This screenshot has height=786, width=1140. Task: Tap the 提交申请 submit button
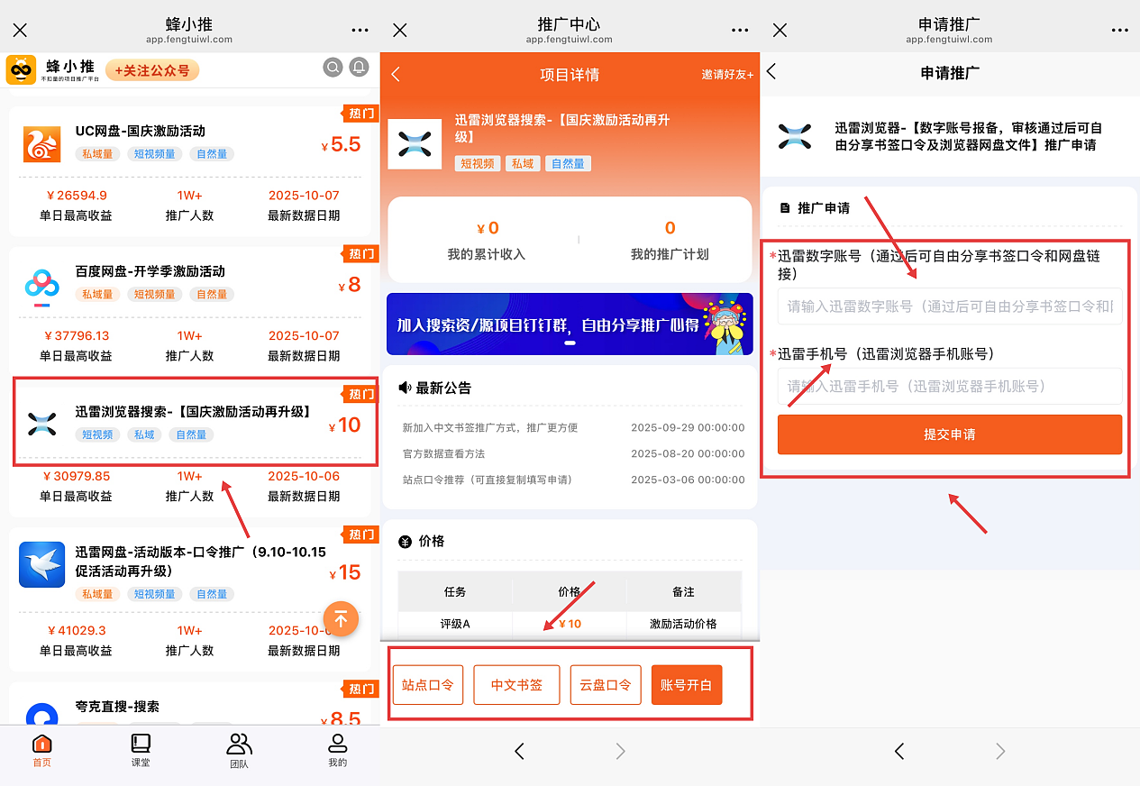click(x=949, y=434)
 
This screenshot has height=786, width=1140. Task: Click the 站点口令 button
click(x=428, y=685)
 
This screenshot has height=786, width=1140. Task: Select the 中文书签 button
click(x=516, y=685)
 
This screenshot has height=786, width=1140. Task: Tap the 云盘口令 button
click(x=605, y=685)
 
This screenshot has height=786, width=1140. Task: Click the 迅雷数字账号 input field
click(x=949, y=306)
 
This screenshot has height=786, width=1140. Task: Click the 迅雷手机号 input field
click(x=949, y=386)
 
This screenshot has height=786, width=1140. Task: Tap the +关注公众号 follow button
click(x=151, y=70)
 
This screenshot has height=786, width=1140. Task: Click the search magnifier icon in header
click(x=333, y=68)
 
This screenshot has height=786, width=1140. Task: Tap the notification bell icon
click(x=359, y=68)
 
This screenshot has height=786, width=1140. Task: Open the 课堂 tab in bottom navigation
click(x=140, y=750)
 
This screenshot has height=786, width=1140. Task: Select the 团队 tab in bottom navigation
click(x=239, y=750)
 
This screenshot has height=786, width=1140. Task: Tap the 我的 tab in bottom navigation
click(x=337, y=750)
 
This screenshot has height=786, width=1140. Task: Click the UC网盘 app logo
click(x=41, y=144)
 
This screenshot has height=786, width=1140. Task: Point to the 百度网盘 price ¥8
click(x=350, y=285)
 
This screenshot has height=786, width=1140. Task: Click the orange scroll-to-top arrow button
click(x=341, y=619)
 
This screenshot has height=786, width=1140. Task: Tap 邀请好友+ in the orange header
click(x=727, y=75)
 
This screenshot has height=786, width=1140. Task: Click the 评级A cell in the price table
click(x=454, y=624)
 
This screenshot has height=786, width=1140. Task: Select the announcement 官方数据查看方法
click(x=456, y=453)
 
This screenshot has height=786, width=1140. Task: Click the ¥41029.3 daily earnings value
click(x=76, y=630)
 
